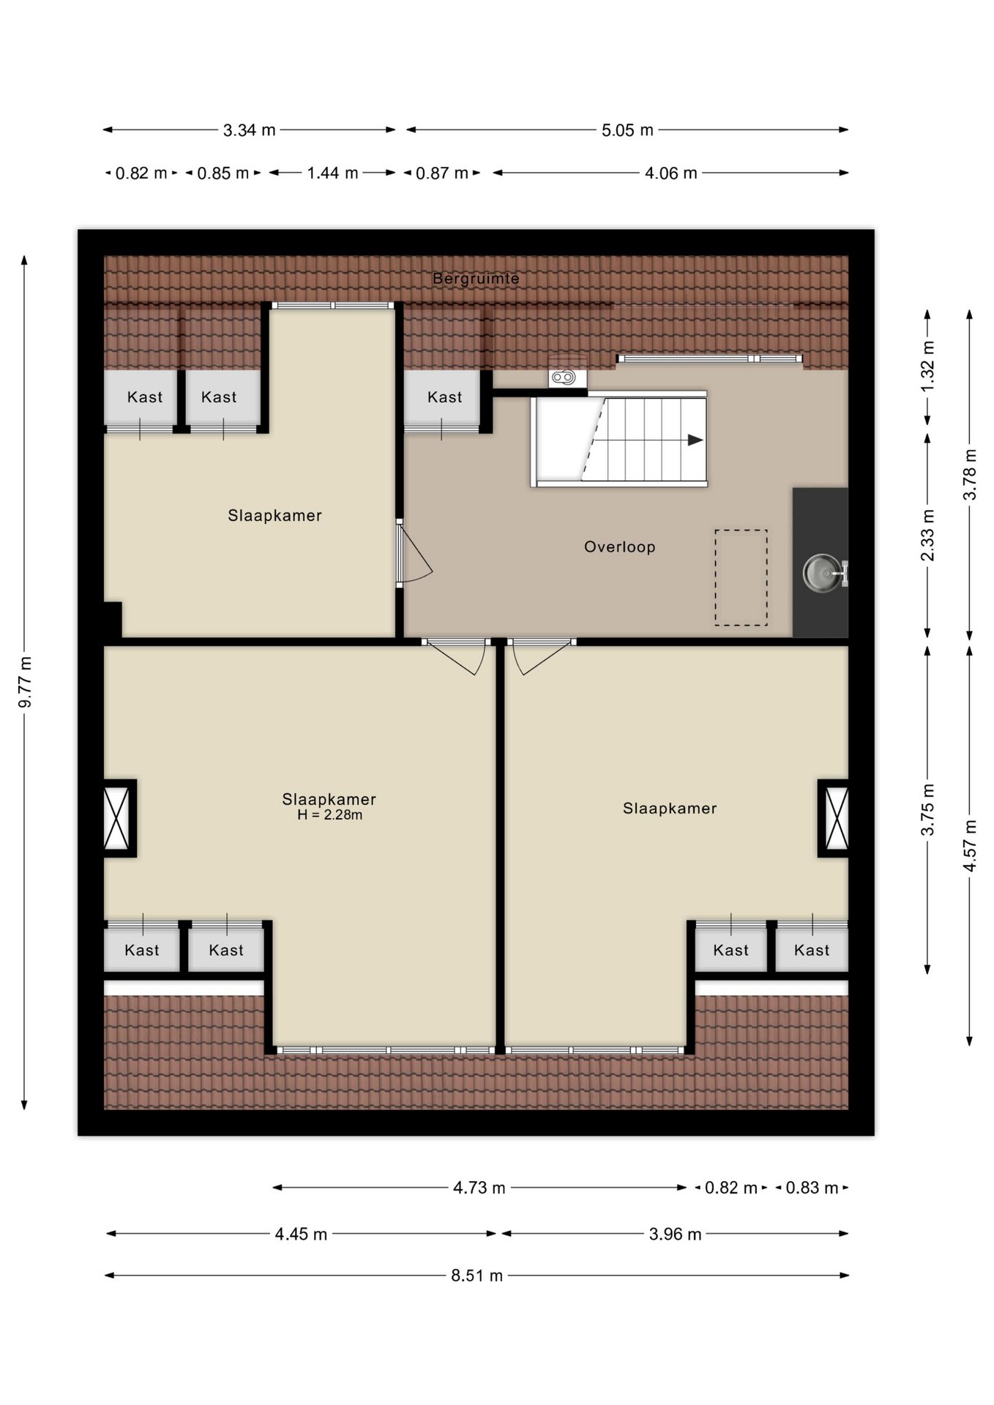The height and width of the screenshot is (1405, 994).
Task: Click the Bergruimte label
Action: [x=476, y=278]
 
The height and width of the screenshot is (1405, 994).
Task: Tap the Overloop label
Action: [x=619, y=547]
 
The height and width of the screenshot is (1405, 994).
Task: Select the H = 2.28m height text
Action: [x=329, y=815]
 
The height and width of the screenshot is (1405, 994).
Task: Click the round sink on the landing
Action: [x=823, y=573]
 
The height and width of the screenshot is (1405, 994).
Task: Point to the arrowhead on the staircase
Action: [x=695, y=440]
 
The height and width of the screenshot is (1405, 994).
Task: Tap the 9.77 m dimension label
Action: [x=25, y=683]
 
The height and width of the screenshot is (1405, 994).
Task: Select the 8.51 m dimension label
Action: [x=477, y=1275]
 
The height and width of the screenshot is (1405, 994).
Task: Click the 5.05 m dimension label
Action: [x=627, y=130]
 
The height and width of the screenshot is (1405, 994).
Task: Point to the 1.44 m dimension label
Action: [x=332, y=173]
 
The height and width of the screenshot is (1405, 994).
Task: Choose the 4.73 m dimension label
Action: [x=479, y=1188]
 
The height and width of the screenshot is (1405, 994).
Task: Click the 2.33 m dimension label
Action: [x=927, y=535]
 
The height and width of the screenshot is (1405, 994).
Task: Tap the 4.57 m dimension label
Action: [x=970, y=845]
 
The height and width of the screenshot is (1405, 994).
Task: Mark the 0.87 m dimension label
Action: [x=442, y=173]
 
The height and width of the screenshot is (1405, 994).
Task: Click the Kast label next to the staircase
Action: [x=445, y=397]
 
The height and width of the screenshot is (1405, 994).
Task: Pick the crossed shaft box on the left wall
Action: [x=117, y=817]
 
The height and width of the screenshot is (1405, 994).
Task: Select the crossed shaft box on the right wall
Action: [x=835, y=817]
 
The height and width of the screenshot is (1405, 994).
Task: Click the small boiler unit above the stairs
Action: [x=567, y=378]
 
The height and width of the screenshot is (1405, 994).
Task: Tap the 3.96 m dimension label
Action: [x=675, y=1234]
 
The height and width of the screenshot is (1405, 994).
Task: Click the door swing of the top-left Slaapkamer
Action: [x=415, y=553]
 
